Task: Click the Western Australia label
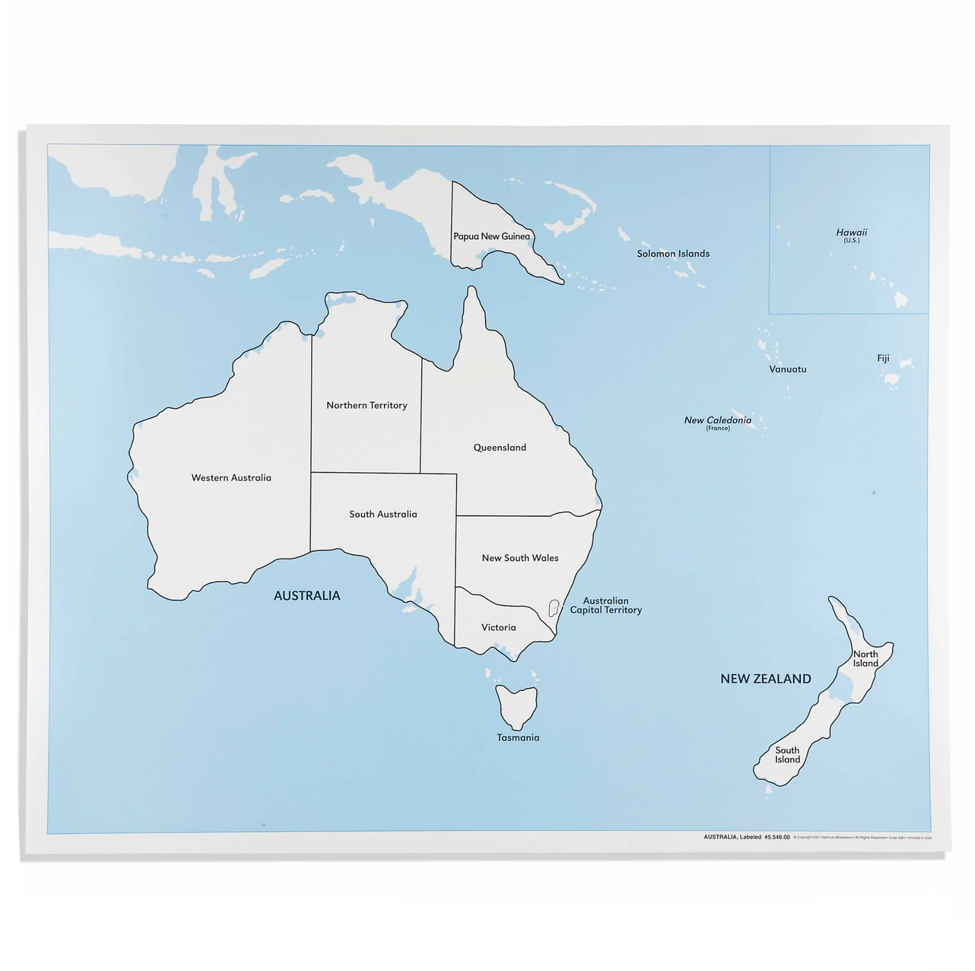click(231, 478)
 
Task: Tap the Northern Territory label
click(366, 406)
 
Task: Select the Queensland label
click(499, 447)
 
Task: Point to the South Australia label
click(383, 514)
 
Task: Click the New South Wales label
click(520, 558)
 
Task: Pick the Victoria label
click(499, 628)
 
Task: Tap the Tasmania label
click(518, 738)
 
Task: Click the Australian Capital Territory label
click(605, 605)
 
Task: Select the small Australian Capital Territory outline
click(554, 608)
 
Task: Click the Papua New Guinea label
click(491, 236)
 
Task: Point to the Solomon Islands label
click(673, 254)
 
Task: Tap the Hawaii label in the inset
click(852, 233)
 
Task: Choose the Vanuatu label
click(787, 369)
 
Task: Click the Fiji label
click(883, 358)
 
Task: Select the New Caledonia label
click(717, 420)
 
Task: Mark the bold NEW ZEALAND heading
click(765, 679)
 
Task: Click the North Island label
click(866, 659)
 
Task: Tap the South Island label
click(787, 754)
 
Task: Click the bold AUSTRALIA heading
click(307, 595)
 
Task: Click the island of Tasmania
click(517, 705)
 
